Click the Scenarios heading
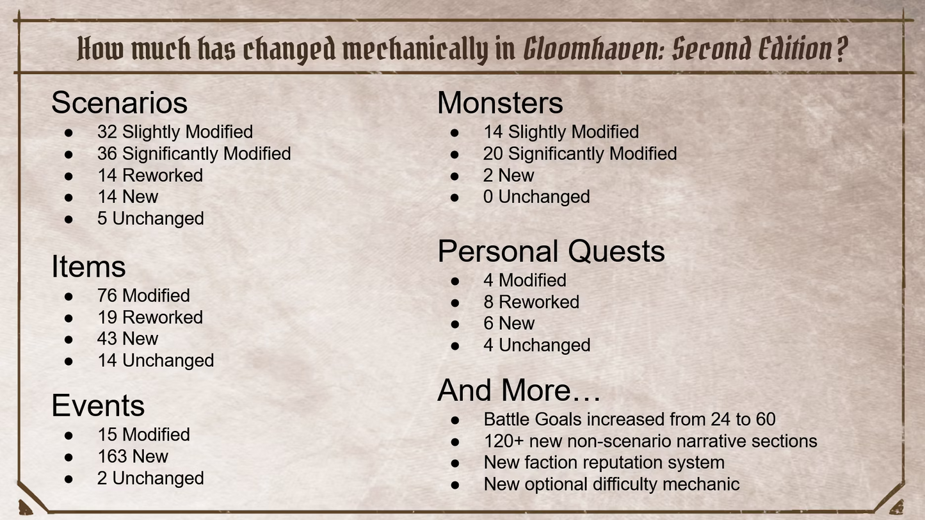[x=119, y=102]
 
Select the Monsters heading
[x=500, y=102]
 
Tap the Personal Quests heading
[x=551, y=251]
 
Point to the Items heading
[x=88, y=266]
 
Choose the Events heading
[x=98, y=405]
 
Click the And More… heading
[x=519, y=390]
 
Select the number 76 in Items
[x=107, y=296]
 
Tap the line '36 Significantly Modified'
[x=194, y=154]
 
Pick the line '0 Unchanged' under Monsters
[x=536, y=197]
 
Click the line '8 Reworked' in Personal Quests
[x=531, y=302]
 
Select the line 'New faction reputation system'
[x=604, y=462]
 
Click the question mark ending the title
[x=841, y=49]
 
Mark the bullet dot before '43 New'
[x=68, y=339]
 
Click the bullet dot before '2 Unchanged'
[x=68, y=479]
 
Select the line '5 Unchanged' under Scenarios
[x=150, y=218]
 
